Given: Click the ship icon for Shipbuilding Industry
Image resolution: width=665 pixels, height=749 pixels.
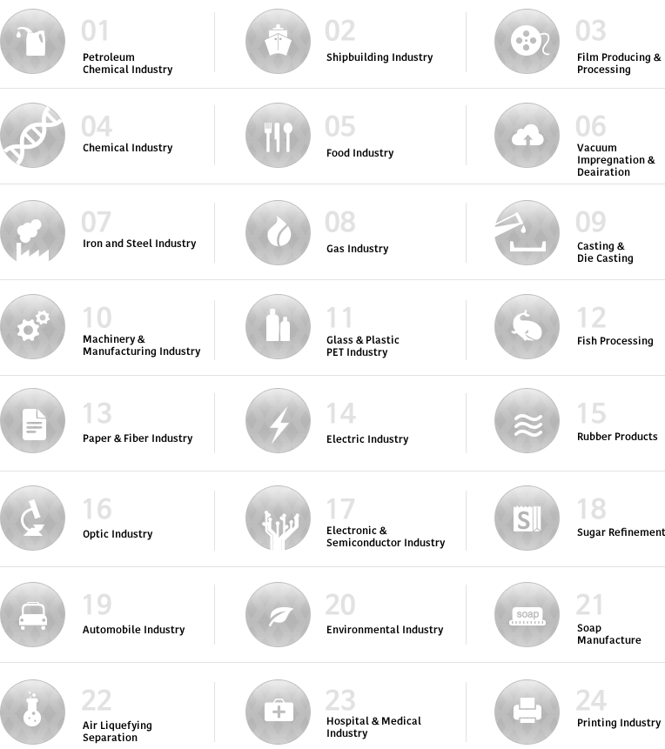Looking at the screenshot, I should (278, 41).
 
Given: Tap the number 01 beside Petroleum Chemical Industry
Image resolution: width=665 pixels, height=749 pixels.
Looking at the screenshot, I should (96, 31).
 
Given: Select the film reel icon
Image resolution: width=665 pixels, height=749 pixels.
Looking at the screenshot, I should (527, 41).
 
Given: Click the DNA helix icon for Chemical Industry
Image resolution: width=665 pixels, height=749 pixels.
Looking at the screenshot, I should (32, 136).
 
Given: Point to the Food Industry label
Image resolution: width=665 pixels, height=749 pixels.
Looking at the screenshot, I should (359, 153).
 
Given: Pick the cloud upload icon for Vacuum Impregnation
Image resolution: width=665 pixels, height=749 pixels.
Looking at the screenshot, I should (527, 137).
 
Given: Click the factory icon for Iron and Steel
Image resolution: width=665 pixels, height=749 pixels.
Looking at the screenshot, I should (32, 232).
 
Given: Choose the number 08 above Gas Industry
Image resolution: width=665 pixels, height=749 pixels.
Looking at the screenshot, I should (340, 223).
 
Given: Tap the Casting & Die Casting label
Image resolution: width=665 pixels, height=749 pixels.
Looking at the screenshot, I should (605, 252).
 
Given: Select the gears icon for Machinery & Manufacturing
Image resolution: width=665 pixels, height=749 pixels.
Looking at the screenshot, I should (32, 327).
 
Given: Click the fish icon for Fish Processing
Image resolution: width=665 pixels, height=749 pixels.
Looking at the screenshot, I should (527, 327).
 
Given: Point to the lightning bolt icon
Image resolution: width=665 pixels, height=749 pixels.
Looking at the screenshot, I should (278, 423).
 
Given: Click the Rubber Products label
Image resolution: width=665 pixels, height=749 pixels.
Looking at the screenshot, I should (617, 437).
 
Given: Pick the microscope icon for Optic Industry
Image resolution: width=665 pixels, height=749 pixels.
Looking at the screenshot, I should (32, 518).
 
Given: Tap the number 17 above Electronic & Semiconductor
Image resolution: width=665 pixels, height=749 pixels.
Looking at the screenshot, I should (340, 509).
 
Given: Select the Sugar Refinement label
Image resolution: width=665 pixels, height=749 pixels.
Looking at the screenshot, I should (621, 532).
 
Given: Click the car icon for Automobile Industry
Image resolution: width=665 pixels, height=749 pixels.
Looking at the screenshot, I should (32, 614).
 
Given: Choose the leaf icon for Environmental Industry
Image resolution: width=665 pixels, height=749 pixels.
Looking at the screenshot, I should (278, 614).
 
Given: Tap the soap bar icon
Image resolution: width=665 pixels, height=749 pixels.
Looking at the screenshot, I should (527, 615).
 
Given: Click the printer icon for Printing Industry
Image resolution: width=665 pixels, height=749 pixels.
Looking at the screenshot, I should (527, 711).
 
